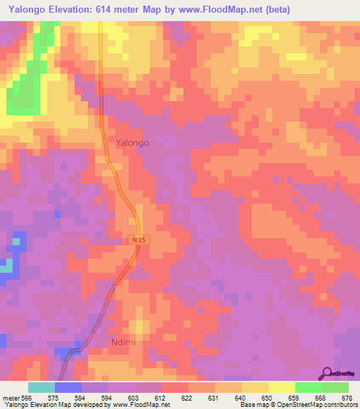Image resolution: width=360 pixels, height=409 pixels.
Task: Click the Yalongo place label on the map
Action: (x=133, y=142)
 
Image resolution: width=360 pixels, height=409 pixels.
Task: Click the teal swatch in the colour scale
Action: (x=41, y=387)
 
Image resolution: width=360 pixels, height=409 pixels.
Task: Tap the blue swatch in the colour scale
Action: (x=67, y=387)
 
